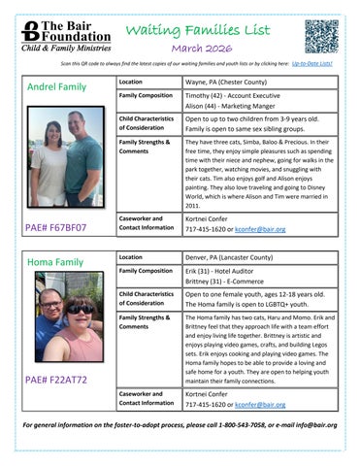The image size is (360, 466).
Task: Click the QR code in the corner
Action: coord(321,36)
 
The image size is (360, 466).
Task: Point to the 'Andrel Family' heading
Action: coord(56,86)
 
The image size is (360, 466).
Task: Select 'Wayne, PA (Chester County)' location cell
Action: coord(229,83)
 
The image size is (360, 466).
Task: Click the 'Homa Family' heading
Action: coord(54,262)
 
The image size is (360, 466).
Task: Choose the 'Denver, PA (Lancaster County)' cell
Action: coord(234,256)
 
